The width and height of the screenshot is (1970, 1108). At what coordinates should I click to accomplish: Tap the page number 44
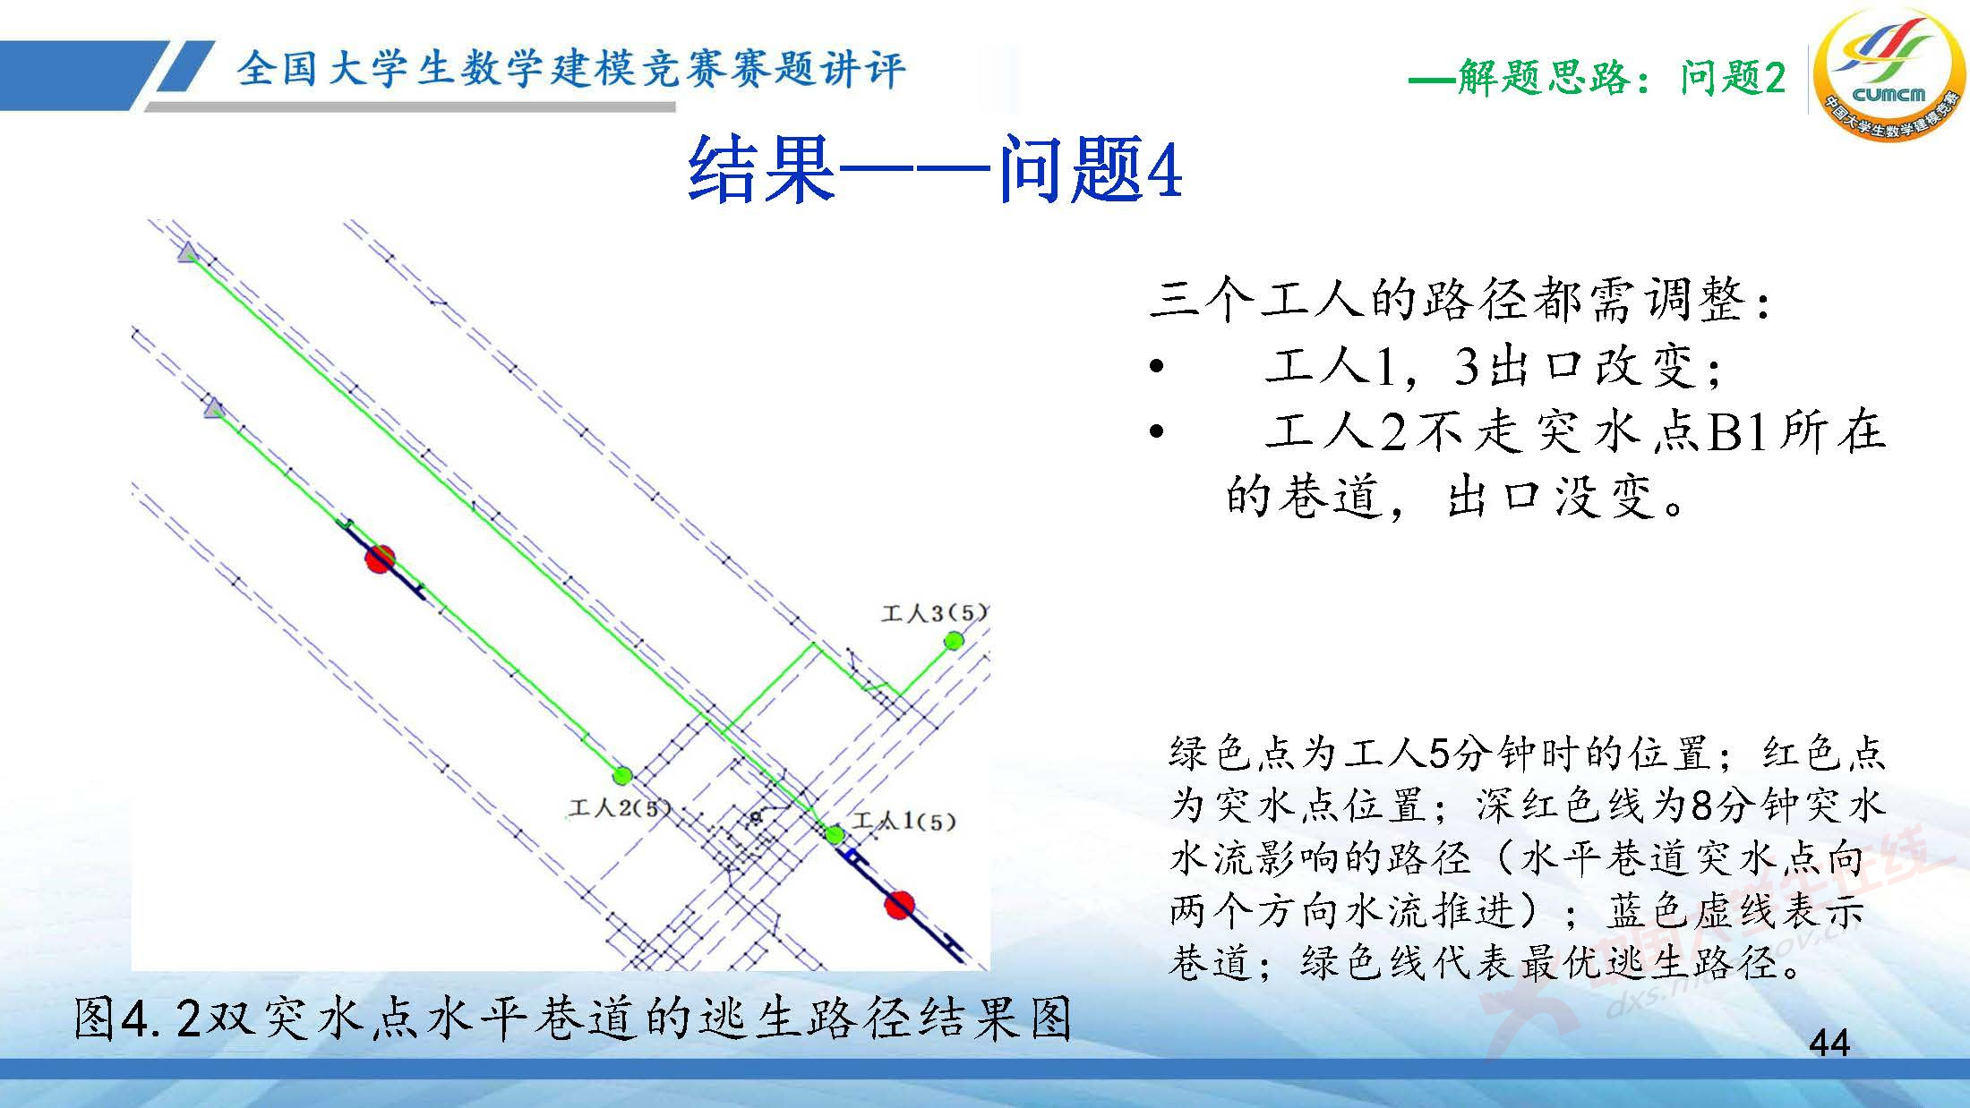1829,1044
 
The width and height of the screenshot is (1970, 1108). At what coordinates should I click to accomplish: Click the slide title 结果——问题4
935,169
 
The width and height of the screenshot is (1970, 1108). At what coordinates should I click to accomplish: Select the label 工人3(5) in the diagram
934,613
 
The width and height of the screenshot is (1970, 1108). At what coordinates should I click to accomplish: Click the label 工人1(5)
904,821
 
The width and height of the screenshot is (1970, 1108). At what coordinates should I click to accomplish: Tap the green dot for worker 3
954,640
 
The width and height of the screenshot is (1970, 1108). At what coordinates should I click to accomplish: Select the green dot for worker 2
621,774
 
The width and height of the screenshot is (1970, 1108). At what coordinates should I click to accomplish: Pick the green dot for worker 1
835,836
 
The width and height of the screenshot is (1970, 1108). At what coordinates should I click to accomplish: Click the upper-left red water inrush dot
380,558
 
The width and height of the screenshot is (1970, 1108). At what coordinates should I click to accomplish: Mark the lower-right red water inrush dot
899,905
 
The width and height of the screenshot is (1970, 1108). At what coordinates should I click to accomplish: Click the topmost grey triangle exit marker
187,253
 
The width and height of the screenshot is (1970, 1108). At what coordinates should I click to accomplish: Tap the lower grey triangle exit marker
213,410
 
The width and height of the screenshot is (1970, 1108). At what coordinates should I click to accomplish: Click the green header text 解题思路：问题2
1597,79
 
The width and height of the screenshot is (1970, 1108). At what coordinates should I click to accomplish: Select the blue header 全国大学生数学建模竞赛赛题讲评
571,69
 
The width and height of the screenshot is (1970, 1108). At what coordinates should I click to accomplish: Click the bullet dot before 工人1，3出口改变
1157,367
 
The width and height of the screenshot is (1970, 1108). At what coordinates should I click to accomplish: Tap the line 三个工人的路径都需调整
1460,300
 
